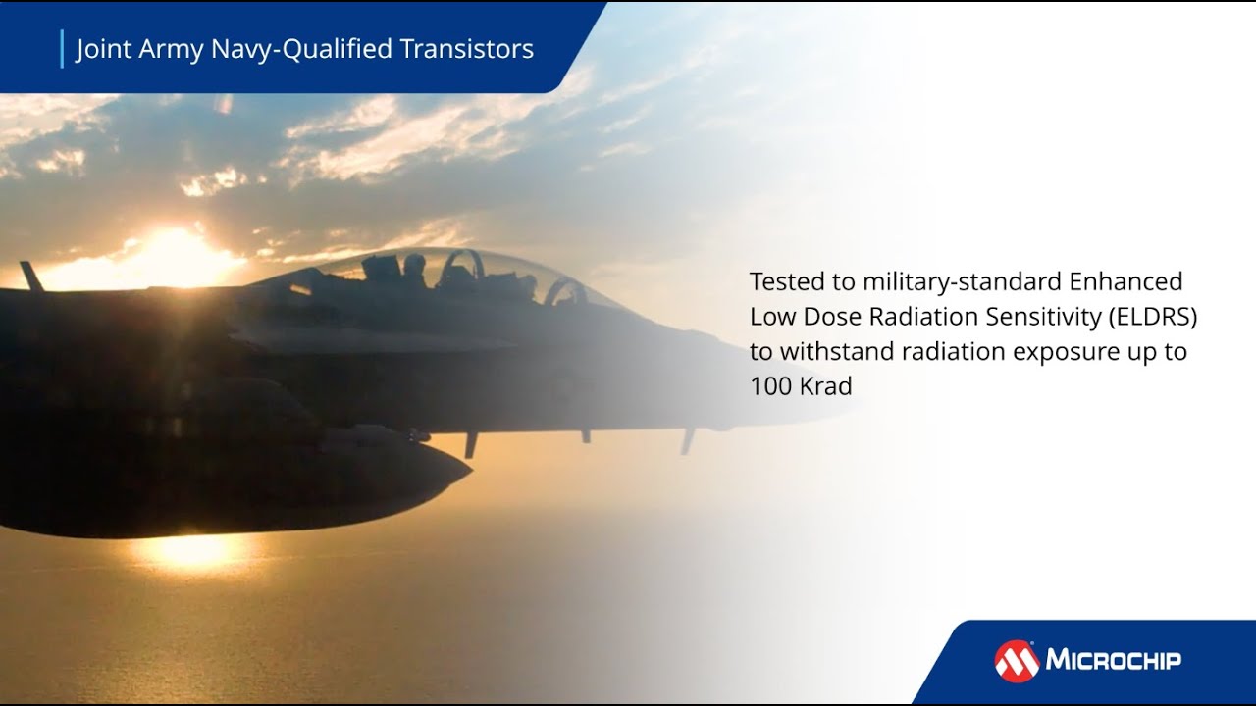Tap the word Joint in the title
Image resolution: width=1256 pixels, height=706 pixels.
[x=103, y=49]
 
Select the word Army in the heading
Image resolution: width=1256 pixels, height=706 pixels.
[x=173, y=49]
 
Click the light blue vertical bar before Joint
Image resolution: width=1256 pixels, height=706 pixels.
[x=62, y=49]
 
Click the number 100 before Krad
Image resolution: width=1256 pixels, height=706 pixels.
[x=770, y=386]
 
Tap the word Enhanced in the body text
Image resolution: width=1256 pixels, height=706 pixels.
[x=1125, y=281]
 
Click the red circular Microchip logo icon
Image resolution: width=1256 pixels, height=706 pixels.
[x=1017, y=661]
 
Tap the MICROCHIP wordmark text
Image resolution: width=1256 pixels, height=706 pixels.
[x=1113, y=660]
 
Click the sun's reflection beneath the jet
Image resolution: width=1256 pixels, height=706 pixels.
[x=191, y=550]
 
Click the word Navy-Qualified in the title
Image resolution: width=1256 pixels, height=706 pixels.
[x=317, y=49]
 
